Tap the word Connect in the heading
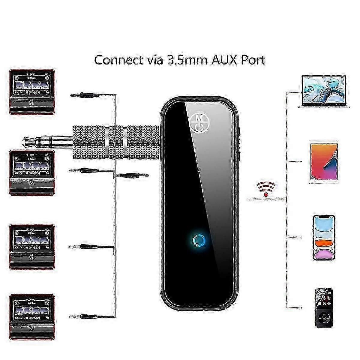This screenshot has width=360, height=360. (119, 60)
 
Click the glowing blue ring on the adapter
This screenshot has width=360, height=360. (198, 241)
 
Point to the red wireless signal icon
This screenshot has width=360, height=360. (266, 189)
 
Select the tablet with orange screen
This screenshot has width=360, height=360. (323, 162)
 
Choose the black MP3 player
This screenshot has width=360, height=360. (324, 307)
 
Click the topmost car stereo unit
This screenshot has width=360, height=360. (32, 92)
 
